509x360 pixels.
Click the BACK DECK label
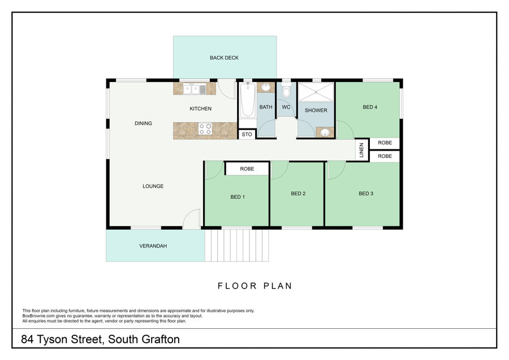click(224, 58)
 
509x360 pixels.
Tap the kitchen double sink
click(195, 89)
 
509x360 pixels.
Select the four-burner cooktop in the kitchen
click(205, 128)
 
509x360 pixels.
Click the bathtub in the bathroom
click(247, 100)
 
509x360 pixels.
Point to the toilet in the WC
click(286, 91)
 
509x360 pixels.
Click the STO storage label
click(247, 134)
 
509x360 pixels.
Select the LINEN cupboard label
click(361, 150)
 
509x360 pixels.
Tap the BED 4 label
click(370, 107)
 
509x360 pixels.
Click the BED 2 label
click(298, 194)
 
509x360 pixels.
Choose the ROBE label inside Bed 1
click(247, 169)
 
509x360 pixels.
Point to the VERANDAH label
click(153, 246)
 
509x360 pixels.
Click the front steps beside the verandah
click(236, 245)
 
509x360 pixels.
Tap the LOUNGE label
click(153, 186)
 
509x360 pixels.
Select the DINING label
click(143, 123)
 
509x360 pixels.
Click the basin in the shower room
click(325, 132)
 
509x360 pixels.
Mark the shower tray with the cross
click(316, 92)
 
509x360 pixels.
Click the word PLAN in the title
click(278, 286)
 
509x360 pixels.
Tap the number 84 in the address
click(27, 339)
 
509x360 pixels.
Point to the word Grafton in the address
click(161, 339)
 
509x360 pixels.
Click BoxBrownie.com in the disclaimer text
click(38, 316)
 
